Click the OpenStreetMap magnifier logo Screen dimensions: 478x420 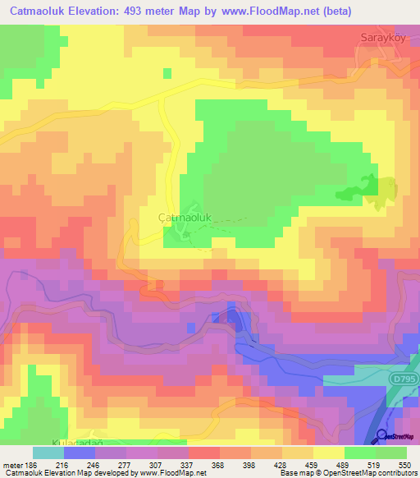381,435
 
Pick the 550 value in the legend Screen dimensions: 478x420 404,465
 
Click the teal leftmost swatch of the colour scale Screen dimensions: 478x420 48,453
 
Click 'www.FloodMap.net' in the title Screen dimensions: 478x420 270,11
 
